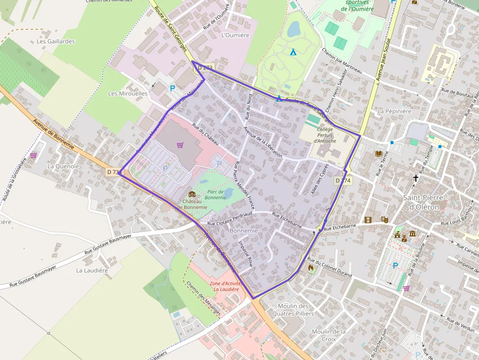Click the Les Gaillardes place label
coord(56,42)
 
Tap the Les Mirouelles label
coord(128,93)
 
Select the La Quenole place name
coord(63,166)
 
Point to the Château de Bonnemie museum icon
coord(192,194)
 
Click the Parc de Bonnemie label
coord(215,194)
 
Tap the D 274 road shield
coord(343,181)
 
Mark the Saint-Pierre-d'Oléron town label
coord(424,202)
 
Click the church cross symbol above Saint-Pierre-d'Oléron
coord(416,178)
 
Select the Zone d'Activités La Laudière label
coord(224,286)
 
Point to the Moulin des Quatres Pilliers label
coord(293,310)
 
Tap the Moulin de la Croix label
coord(328,335)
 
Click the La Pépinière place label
coord(394,111)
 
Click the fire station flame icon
coord(311,268)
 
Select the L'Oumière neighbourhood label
coord(235,35)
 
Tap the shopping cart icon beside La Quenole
coord(33,155)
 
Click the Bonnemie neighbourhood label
coord(243,230)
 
